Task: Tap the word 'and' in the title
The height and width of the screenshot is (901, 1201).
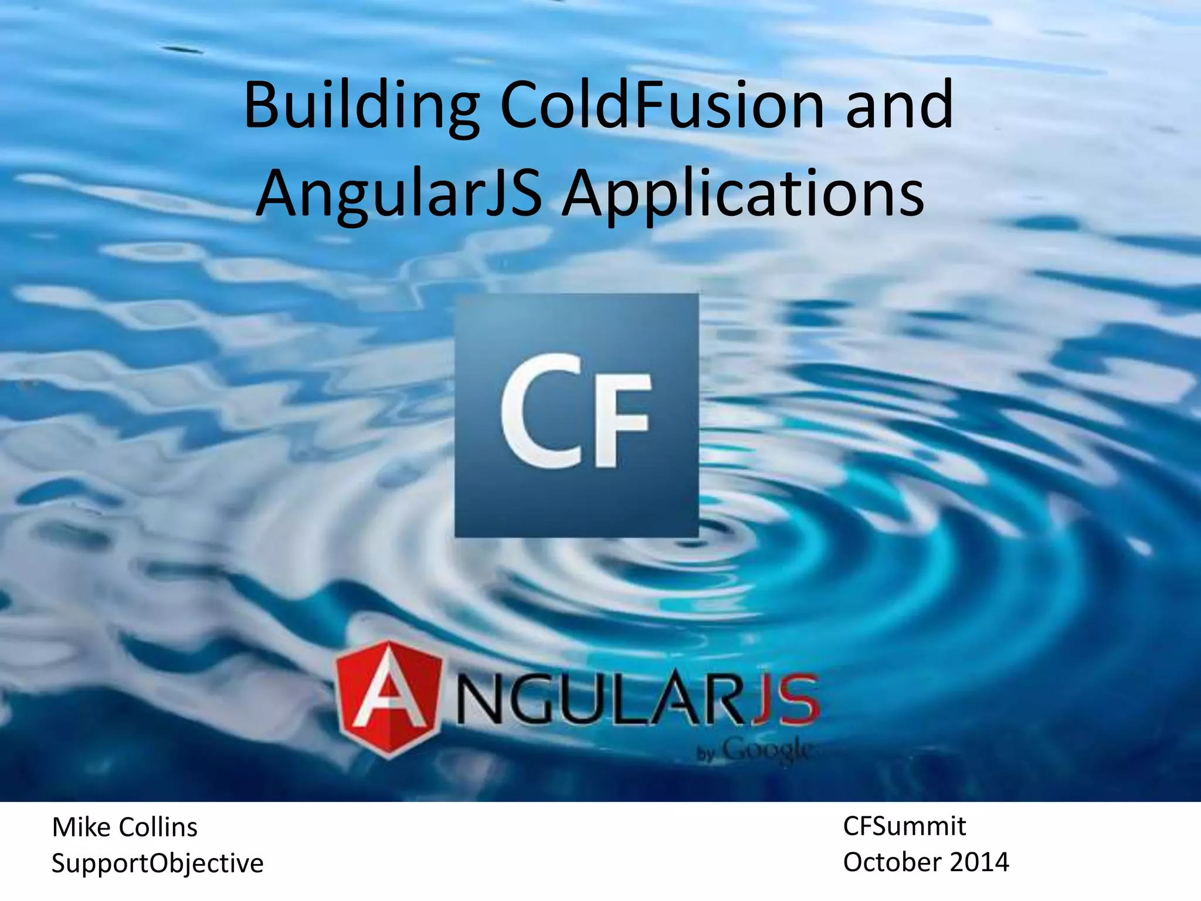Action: [900, 106]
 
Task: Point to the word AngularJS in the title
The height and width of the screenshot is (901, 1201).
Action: [399, 194]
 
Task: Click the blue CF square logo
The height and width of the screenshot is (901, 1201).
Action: [576, 415]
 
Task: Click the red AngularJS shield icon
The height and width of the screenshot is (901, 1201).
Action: [388, 699]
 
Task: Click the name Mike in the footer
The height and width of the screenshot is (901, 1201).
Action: [81, 828]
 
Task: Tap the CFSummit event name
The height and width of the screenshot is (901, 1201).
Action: [904, 827]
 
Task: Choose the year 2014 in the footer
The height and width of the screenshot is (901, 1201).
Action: [979, 862]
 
